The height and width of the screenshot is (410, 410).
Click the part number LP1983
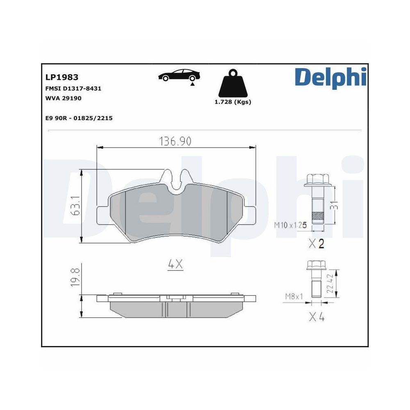pos(61,77)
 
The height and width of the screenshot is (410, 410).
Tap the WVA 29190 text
pos(63,98)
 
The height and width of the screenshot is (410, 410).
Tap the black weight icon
pos(232,84)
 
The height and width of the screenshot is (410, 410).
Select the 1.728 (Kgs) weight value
pos(232,102)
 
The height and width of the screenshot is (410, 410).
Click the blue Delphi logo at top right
pos(330,77)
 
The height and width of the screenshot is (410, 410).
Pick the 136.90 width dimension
pos(175,141)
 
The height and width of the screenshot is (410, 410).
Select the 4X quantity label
pos(175,265)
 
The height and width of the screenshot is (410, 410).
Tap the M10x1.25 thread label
pos(290,225)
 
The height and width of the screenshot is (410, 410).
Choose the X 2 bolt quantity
pos(316,244)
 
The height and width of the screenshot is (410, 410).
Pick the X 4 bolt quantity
pos(316,317)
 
